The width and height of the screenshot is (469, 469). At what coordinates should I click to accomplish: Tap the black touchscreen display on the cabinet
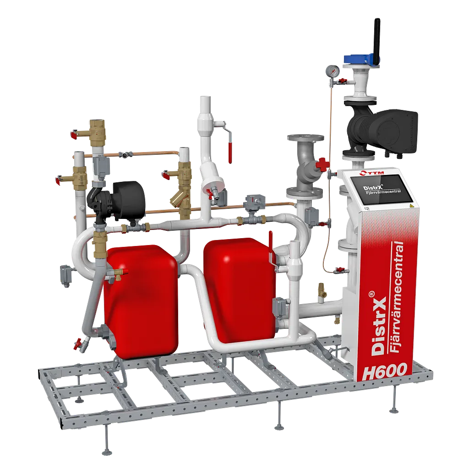(382, 190)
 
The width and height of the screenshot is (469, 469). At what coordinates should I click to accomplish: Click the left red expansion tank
(141, 300)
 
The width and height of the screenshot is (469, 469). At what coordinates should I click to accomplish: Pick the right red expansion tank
(240, 290)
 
